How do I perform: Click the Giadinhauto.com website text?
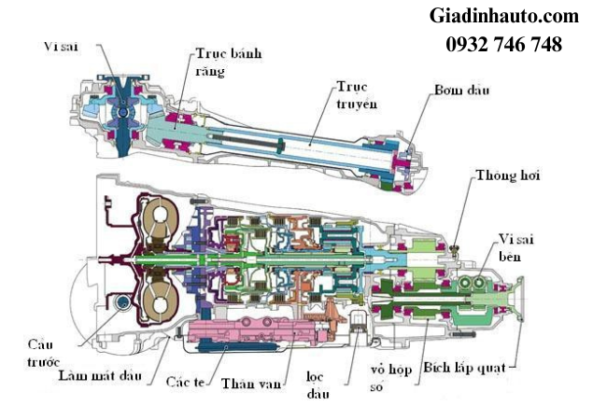tap(503, 17)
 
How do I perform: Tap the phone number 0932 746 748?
tap(503, 44)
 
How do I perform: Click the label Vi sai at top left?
tap(61, 45)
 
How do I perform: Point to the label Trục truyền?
tap(357, 94)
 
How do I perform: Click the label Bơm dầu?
tap(462, 90)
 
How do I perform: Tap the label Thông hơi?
tap(506, 175)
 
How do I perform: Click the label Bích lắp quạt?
tap(463, 368)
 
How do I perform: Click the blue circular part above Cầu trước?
tap(120, 302)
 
